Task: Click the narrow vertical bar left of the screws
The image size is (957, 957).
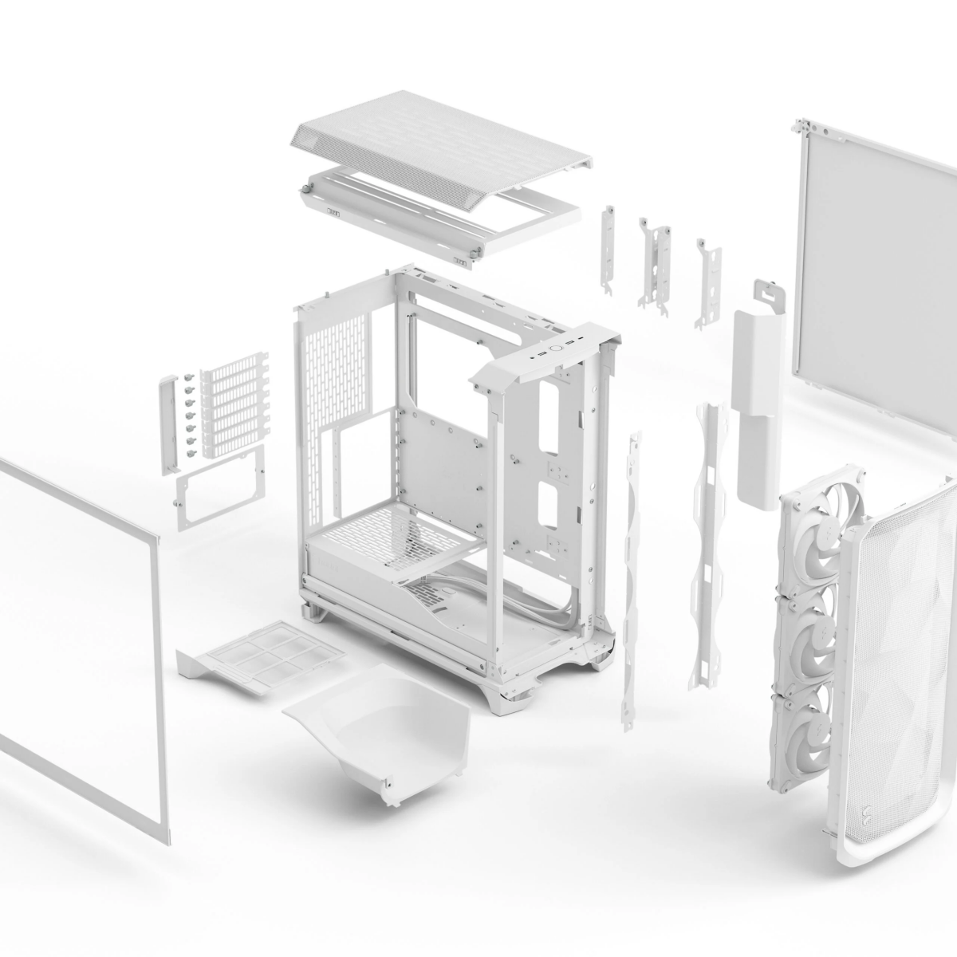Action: pyautogui.click(x=168, y=423)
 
